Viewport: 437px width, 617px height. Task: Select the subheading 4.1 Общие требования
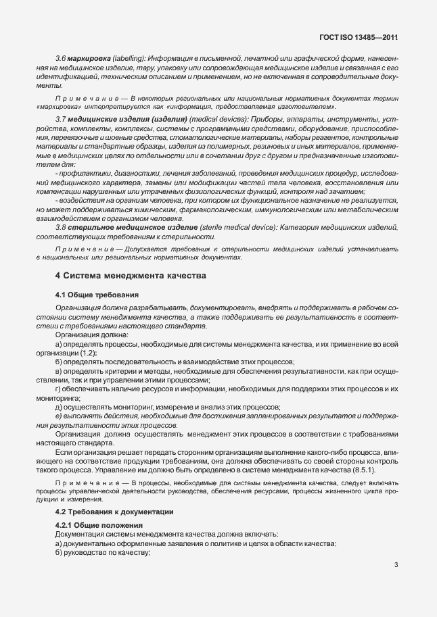pos(97,295)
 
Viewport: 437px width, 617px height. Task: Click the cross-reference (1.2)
pos(88,353)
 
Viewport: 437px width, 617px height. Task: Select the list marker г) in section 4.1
pos(58,389)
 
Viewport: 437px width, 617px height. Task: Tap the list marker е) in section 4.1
pos(58,416)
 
